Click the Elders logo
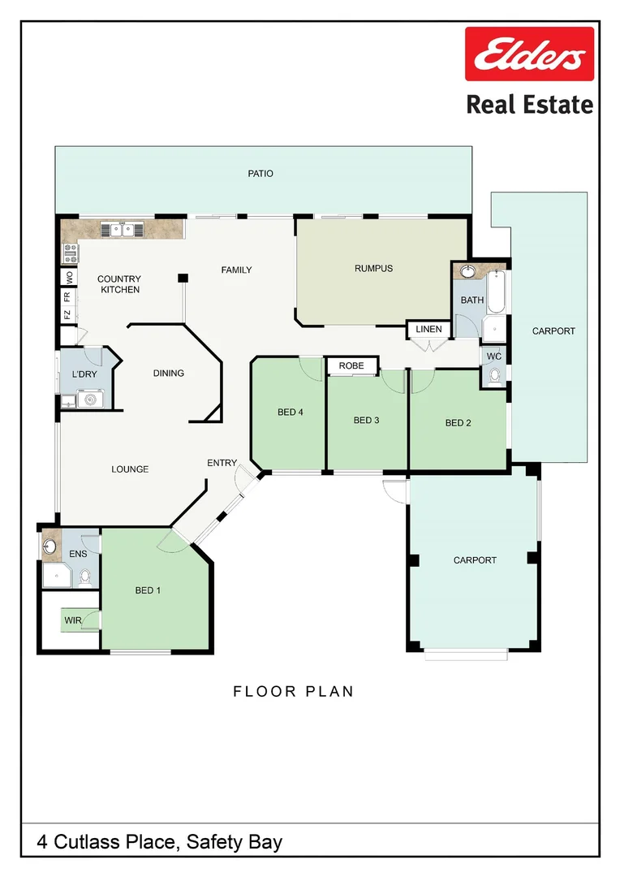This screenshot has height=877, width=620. click(528, 55)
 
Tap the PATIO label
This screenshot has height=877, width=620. click(260, 174)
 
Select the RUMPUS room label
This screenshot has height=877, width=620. click(373, 269)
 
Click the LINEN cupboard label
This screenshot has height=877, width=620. click(428, 330)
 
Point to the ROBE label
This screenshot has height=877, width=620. click(351, 366)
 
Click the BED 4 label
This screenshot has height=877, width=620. click(290, 413)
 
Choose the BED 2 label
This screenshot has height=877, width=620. click(458, 423)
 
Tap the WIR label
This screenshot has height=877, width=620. click(73, 621)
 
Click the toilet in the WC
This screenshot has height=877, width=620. click(493, 375)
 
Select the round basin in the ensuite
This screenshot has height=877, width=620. click(51, 546)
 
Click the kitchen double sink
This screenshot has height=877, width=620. click(123, 230)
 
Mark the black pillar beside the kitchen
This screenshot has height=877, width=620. click(183, 279)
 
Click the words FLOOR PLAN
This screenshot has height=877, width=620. click(293, 692)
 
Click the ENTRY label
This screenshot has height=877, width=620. click(222, 463)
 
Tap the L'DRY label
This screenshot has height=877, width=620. click(84, 374)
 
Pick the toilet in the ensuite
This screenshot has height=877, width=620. click(85, 576)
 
